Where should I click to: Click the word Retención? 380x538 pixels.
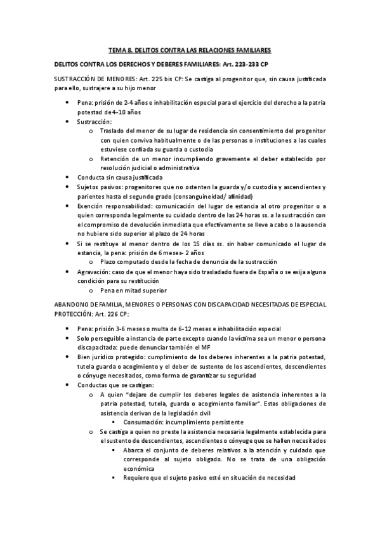click(x=115, y=159)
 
